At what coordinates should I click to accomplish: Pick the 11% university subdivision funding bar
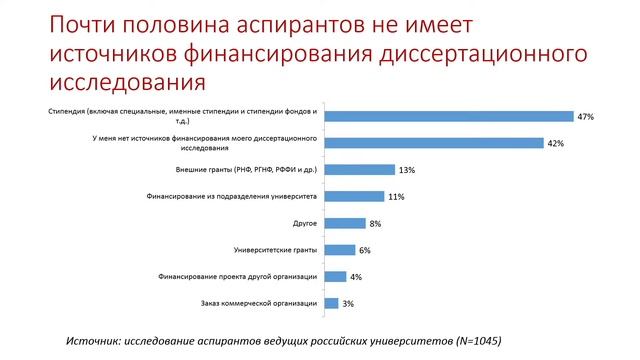355,196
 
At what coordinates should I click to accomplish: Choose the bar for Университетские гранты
341,250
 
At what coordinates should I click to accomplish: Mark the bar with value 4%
336,276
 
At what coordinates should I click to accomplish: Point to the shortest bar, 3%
333,303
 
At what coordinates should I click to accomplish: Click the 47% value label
585,117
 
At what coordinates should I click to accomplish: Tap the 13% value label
406,170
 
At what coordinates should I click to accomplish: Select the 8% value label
376,223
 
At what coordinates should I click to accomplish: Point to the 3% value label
348,303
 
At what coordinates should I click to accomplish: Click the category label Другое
305,223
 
